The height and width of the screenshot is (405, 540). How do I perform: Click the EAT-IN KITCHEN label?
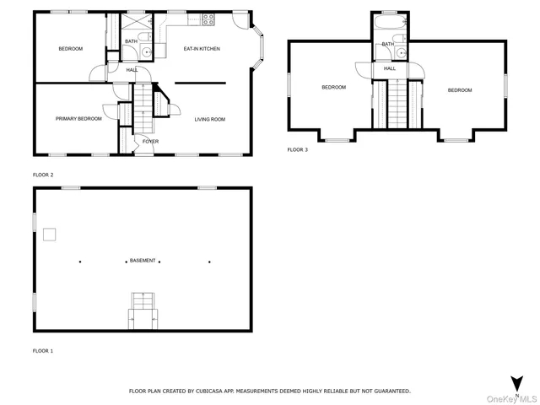[x=202, y=49]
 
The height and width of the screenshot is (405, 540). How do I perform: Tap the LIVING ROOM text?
[x=210, y=119]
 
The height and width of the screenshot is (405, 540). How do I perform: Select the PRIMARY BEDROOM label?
[x=78, y=119]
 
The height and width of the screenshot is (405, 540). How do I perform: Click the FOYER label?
[x=149, y=141]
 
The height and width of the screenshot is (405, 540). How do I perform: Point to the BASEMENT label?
[x=142, y=261]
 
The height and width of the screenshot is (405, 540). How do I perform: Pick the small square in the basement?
[x=51, y=234]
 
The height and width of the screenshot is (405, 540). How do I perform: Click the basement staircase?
[x=142, y=309]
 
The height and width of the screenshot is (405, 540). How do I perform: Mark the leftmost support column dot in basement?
[x=80, y=261]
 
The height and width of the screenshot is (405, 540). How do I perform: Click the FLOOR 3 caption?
[x=298, y=149]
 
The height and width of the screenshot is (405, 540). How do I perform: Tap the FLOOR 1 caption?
[x=42, y=349]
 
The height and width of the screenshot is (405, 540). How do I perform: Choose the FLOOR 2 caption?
[x=42, y=175]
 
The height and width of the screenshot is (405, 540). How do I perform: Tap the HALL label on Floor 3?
[x=390, y=68]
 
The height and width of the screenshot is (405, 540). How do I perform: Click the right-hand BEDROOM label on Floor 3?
[x=460, y=90]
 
